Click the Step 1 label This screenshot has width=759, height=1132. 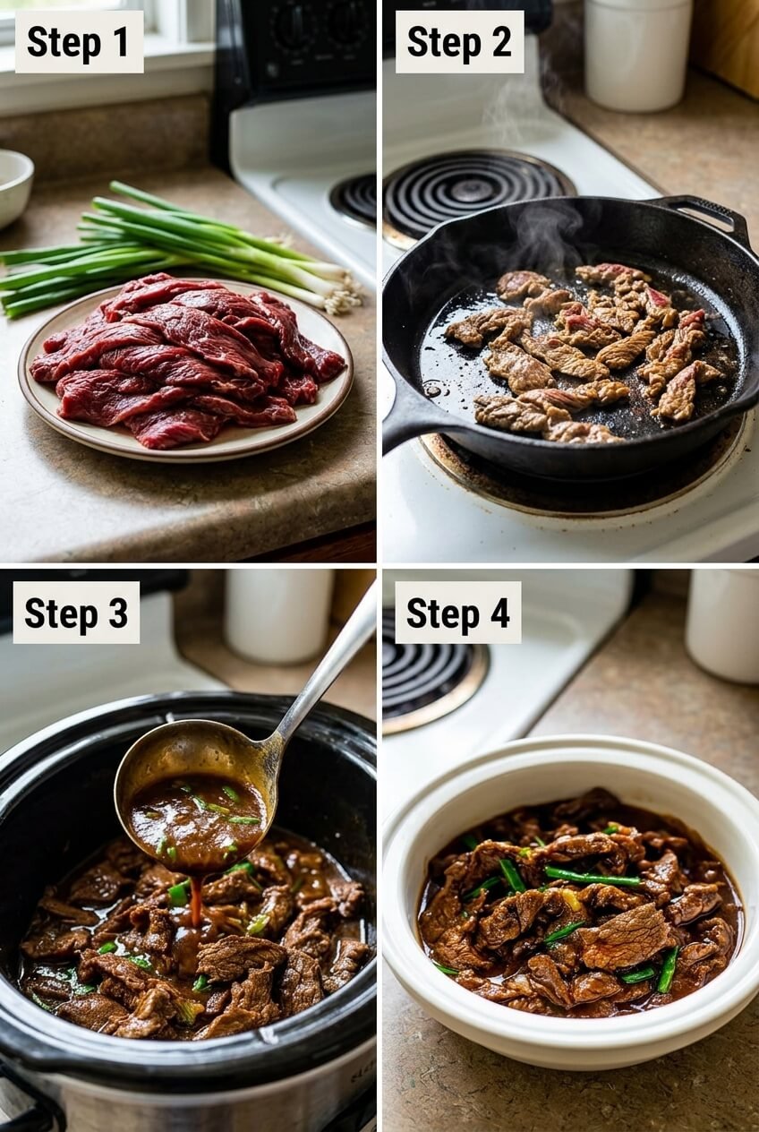click(x=79, y=41)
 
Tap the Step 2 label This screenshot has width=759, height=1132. click(x=460, y=41)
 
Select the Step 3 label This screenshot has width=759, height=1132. click(x=76, y=613)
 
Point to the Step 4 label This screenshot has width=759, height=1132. click(x=457, y=613)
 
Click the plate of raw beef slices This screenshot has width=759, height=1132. click(x=185, y=367)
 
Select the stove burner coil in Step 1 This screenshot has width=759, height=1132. click(x=355, y=198)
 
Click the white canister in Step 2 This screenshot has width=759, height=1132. click(x=637, y=53)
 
